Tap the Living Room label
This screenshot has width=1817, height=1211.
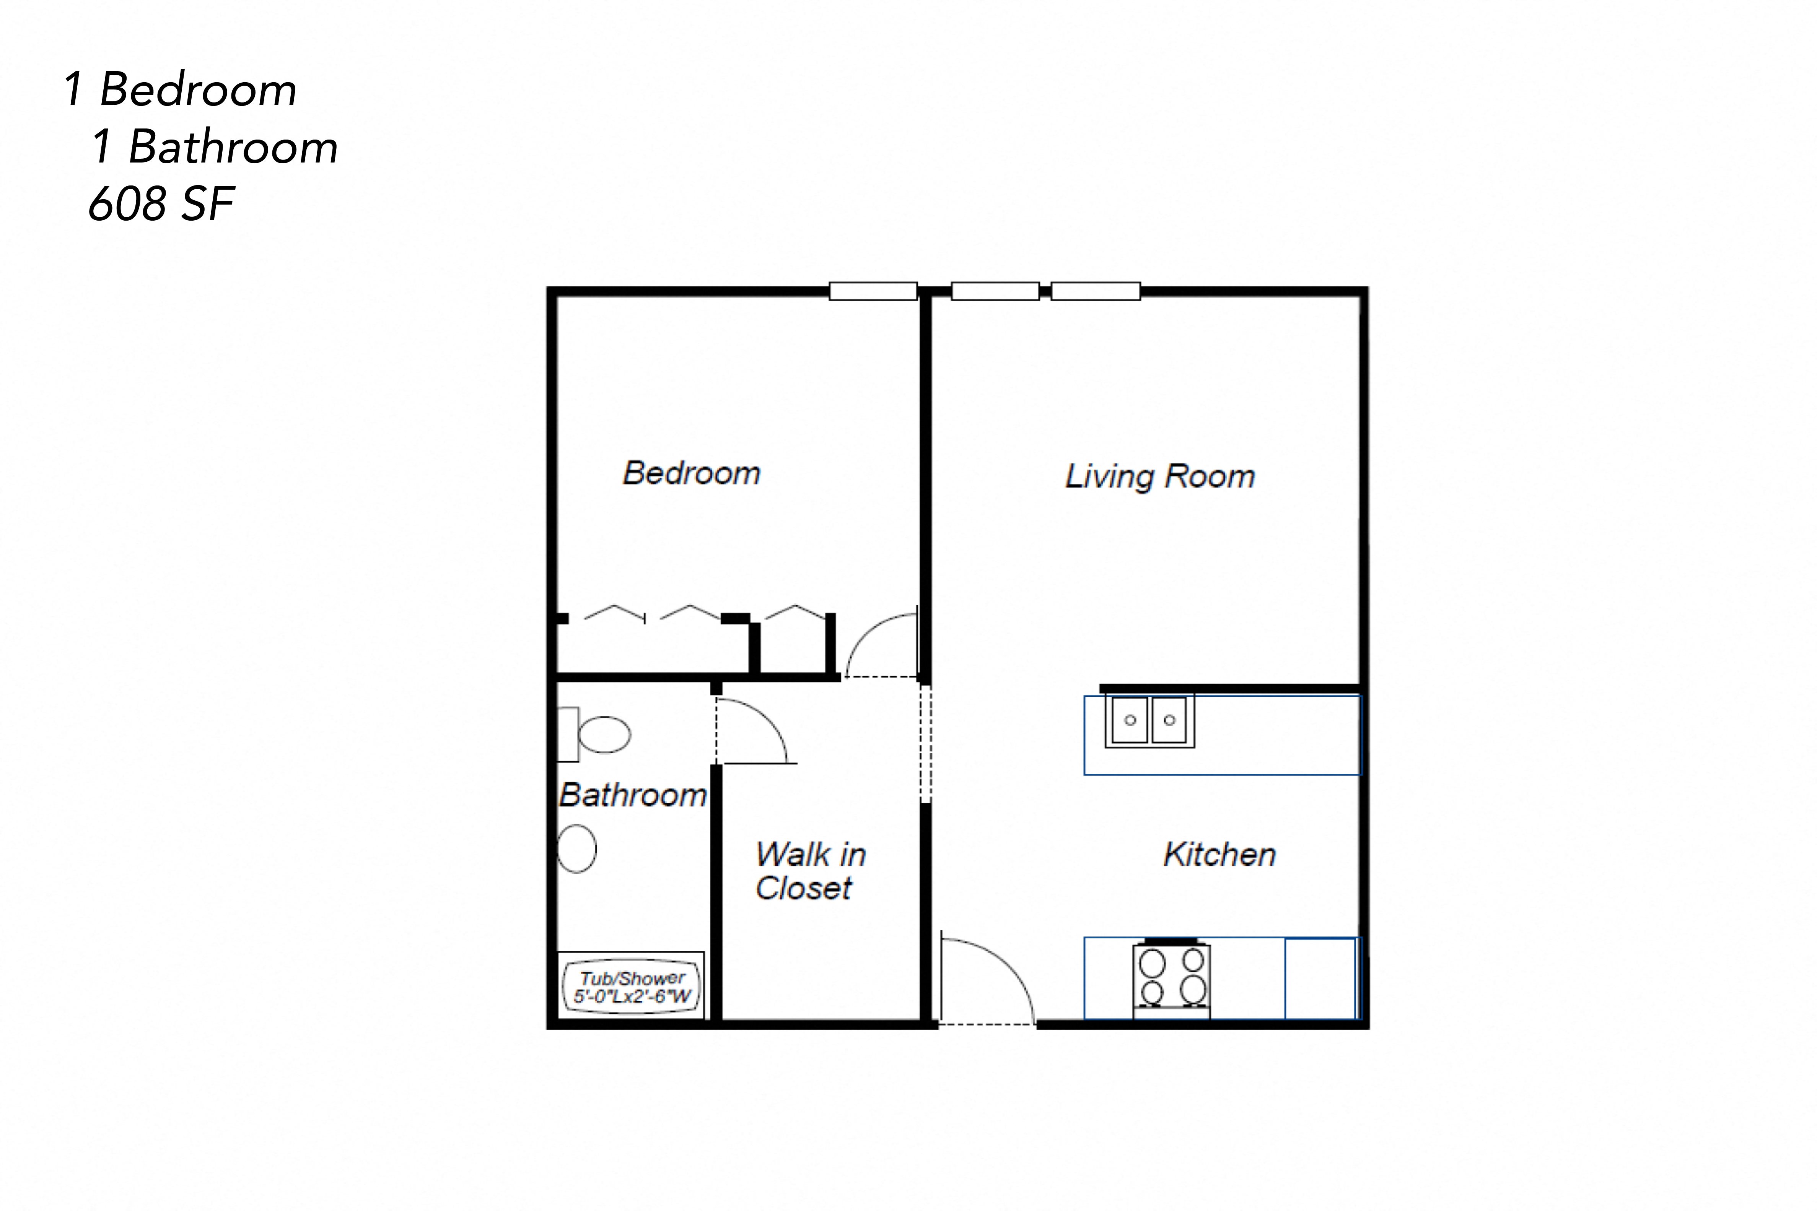coord(1159,476)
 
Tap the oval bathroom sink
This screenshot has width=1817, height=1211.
coord(577,849)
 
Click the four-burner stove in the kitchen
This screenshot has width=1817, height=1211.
coord(1171,978)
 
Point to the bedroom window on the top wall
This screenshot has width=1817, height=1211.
coord(873,291)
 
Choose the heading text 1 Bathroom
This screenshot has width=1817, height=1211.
coord(214,147)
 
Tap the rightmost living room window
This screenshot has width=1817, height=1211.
coord(1096,291)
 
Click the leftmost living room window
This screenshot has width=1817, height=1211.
coord(995,291)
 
